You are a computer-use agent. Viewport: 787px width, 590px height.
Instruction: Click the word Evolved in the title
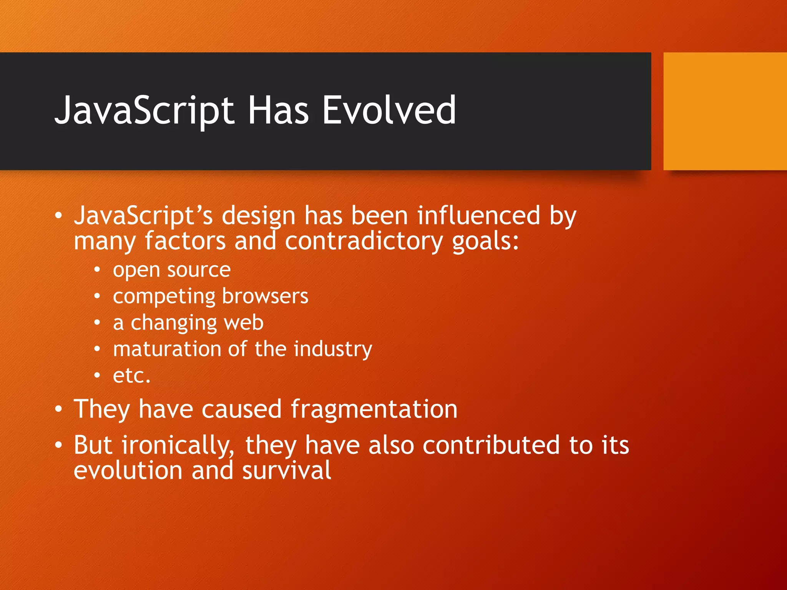coord(389,111)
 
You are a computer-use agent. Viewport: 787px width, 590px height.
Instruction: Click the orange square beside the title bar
coord(725,111)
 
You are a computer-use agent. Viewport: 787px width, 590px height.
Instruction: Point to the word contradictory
coord(364,242)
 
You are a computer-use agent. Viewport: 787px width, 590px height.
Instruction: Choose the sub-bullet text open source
coord(172,270)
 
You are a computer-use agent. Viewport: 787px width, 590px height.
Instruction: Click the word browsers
coord(265,296)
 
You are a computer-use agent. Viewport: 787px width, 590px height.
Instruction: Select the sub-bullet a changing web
coord(188,323)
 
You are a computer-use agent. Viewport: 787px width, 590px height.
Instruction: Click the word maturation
coord(167,349)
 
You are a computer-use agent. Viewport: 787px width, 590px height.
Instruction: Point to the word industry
coord(333,350)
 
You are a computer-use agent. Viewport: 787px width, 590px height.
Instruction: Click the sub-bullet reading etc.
coord(131,376)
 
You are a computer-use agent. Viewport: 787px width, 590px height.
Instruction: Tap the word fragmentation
coord(374,409)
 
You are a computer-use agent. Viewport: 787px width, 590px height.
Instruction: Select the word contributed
coord(491,445)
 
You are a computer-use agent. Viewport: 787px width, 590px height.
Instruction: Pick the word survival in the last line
coord(287,471)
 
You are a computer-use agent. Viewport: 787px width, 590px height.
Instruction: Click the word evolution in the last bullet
coord(128,471)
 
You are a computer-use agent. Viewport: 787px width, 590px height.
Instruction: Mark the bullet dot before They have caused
coord(58,409)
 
